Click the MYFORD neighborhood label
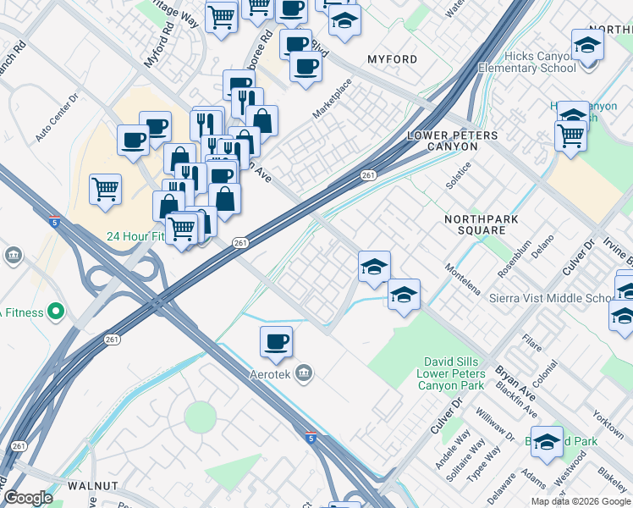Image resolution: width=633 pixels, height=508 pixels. tap(392, 59)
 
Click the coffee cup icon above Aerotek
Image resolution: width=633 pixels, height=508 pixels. tap(276, 342)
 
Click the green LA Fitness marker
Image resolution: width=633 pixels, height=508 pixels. tap(57, 312)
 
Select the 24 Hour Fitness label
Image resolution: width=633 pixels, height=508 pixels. tap(135, 237)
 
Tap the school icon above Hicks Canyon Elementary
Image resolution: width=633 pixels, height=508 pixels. tap(587, 44)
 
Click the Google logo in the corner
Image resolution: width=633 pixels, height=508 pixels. tap(28, 497)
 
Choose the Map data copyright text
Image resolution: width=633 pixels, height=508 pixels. tap(580, 501)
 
